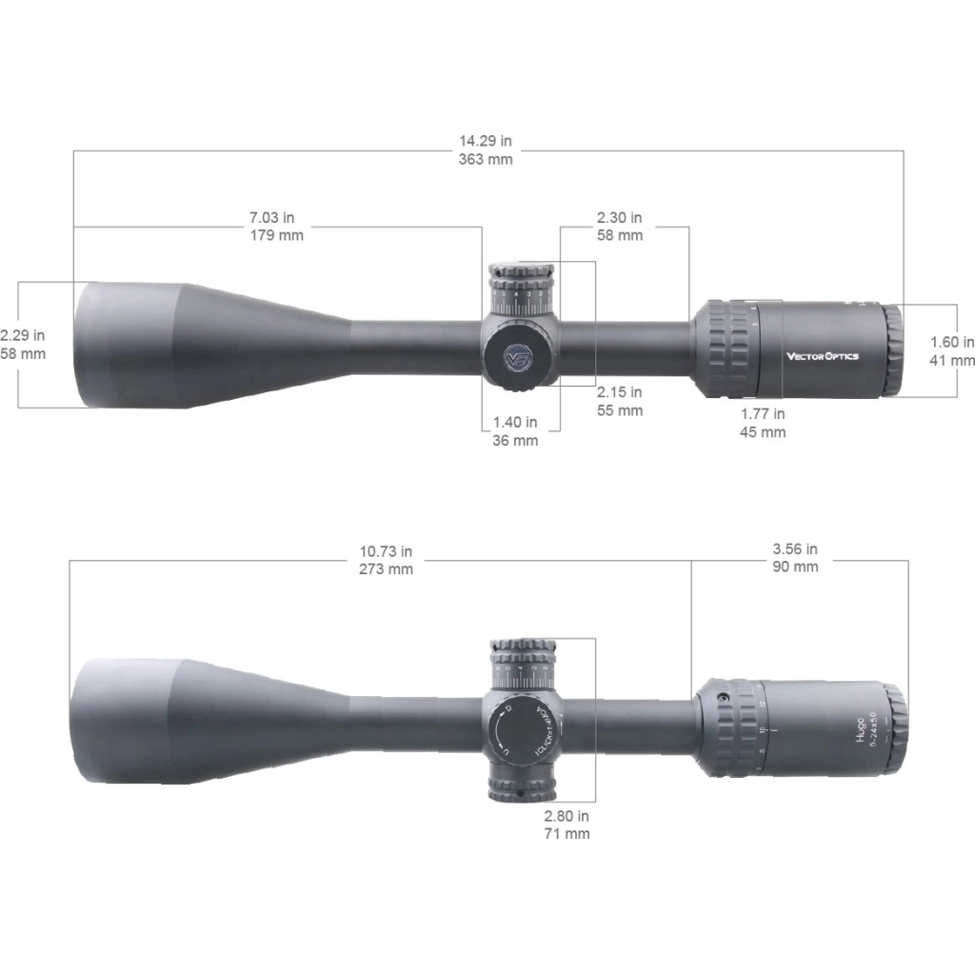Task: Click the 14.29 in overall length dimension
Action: point(486,141)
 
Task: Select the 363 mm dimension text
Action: point(486,159)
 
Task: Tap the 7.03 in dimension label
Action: point(277,217)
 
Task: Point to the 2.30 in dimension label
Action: point(619,217)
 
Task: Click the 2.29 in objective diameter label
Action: point(22,335)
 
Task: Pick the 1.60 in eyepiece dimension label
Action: point(952,342)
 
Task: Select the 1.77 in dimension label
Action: point(763,413)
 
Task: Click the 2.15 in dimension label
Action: point(619,392)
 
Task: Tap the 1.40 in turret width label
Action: point(515,422)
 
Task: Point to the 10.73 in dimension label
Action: point(386,551)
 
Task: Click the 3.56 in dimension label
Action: point(795,549)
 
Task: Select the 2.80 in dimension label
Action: point(567,816)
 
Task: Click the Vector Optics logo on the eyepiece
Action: point(822,356)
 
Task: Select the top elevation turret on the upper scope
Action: point(522,286)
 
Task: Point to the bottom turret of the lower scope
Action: point(522,781)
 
